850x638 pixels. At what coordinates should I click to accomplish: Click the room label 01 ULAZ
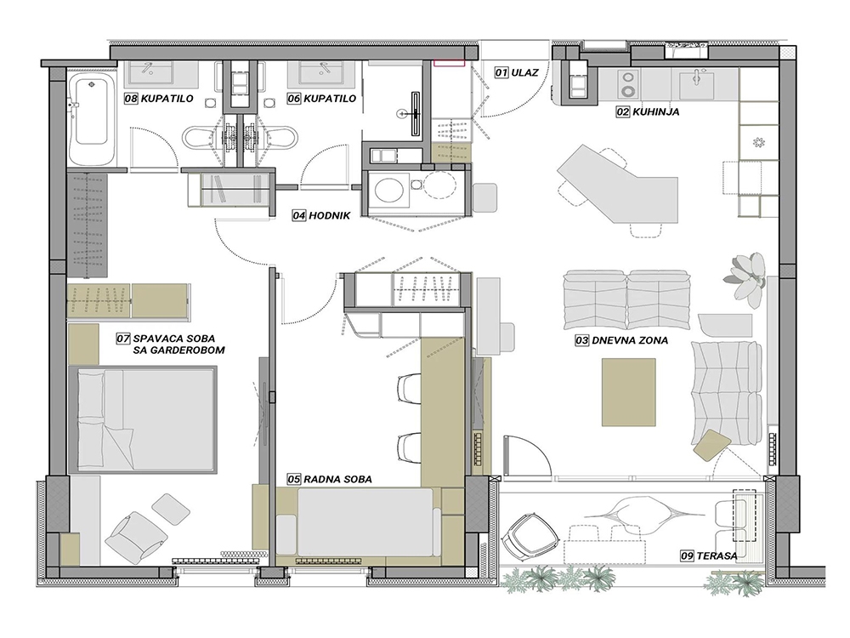(516, 72)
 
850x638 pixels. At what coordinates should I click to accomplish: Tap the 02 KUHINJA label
(647, 111)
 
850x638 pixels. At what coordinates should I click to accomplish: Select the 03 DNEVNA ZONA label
(622, 341)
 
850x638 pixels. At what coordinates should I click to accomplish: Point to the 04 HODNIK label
(321, 215)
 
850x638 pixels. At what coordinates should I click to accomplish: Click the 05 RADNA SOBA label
(330, 479)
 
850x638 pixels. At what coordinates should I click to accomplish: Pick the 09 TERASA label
(709, 555)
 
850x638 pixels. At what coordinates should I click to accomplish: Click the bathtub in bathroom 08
(91, 117)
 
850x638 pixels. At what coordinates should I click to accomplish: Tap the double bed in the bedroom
(143, 419)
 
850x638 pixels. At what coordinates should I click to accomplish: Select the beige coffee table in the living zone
(628, 391)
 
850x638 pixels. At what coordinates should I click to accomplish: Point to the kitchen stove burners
(629, 84)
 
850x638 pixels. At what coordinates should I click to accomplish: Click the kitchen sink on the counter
(696, 83)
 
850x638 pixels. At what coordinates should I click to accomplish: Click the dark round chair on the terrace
(530, 537)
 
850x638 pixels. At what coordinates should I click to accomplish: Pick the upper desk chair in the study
(410, 389)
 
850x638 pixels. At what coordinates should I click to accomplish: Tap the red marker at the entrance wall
(449, 62)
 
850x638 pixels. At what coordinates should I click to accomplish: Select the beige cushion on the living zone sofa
(711, 445)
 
